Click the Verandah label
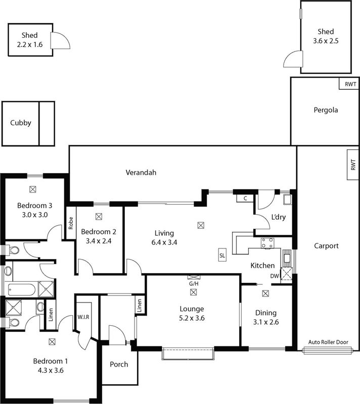coord(141,173)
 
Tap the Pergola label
coord(325,110)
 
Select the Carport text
coord(326,246)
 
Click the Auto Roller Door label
coord(329,342)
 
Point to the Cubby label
coord(20,123)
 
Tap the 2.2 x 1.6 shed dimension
coord(30,44)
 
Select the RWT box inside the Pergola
coord(350,84)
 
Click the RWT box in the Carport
coord(353,164)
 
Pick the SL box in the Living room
coord(222,256)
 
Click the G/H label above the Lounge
coord(194,284)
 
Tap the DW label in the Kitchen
coord(274,276)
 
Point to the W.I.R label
coord(83,317)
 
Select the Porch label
coord(119,365)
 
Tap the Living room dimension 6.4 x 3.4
coord(164,241)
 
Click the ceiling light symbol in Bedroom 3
coord(33,189)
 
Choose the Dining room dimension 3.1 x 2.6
coord(265,321)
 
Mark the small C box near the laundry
coord(245,198)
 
